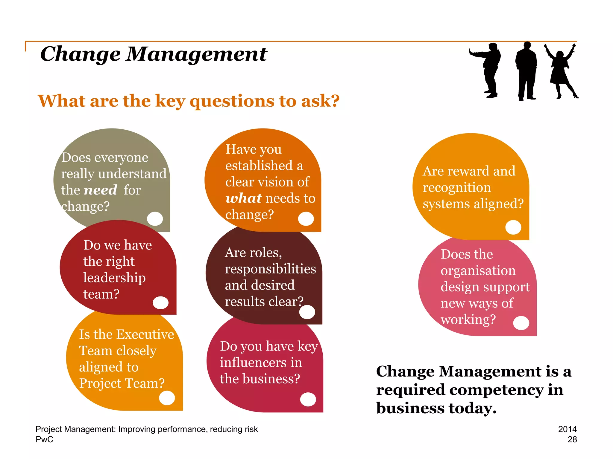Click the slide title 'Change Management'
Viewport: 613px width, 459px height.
(x=154, y=54)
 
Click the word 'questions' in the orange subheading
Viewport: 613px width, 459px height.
(x=232, y=101)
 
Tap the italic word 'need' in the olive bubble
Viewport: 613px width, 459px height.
(x=100, y=190)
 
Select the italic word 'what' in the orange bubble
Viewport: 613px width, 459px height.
(x=243, y=198)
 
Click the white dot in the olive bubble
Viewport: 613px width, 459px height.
(x=155, y=218)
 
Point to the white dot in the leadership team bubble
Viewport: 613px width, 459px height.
(x=160, y=302)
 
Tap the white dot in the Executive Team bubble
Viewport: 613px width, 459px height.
(x=167, y=398)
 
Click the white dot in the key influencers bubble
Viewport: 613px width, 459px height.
(x=308, y=399)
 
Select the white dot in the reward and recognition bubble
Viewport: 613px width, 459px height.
(x=513, y=227)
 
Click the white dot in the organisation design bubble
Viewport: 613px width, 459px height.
(x=521, y=323)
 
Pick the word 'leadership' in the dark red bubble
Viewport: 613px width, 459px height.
(x=114, y=278)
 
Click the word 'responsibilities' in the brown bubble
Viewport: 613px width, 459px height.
(x=270, y=269)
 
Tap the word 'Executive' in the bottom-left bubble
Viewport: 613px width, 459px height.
(x=145, y=334)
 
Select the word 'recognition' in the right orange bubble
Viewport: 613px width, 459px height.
(x=457, y=188)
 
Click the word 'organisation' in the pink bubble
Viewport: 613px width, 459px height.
(x=478, y=271)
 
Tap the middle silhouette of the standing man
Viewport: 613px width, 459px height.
(x=526, y=72)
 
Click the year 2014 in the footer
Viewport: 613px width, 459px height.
(x=567, y=429)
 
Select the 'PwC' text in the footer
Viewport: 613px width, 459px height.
(x=44, y=440)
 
